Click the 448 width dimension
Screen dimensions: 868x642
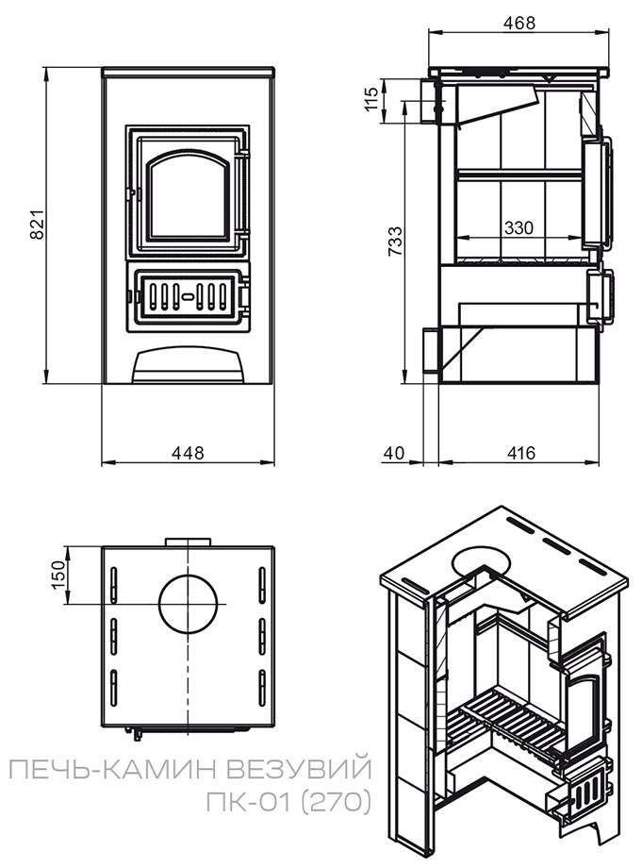pyautogui.click(x=188, y=453)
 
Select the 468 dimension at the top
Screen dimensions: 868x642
pyautogui.click(x=514, y=22)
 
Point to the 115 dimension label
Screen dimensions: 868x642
pyautogui.click(x=372, y=100)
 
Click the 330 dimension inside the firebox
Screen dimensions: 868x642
pyautogui.click(x=519, y=227)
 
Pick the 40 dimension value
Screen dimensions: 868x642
pyautogui.click(x=394, y=454)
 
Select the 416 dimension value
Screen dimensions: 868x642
pyautogui.click(x=520, y=454)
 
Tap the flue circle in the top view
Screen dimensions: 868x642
pyautogui.click(x=192, y=604)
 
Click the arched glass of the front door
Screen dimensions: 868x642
pyautogui.click(x=188, y=196)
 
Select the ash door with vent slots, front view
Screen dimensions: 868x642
pyautogui.click(x=188, y=295)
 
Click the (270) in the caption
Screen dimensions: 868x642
pyautogui.click(x=337, y=803)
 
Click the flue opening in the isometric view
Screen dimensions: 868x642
pyautogui.click(x=481, y=561)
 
